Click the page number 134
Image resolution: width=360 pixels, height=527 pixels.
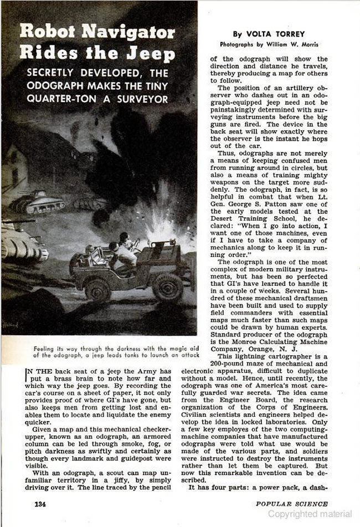tap(40, 504)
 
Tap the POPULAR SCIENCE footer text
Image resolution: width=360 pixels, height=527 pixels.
tap(291, 504)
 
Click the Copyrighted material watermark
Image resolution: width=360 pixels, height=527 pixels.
tap(311, 514)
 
